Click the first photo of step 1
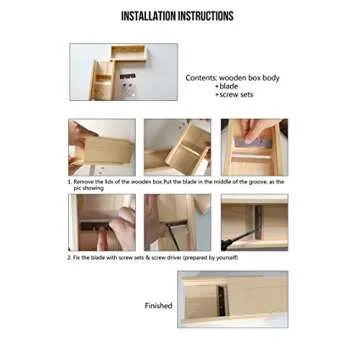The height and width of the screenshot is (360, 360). point(102,148)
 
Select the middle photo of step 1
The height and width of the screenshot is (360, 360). point(176,148)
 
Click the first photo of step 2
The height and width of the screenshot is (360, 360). point(101,222)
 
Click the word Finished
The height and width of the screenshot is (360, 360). point(160,307)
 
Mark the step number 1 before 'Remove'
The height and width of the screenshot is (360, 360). point(69,183)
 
